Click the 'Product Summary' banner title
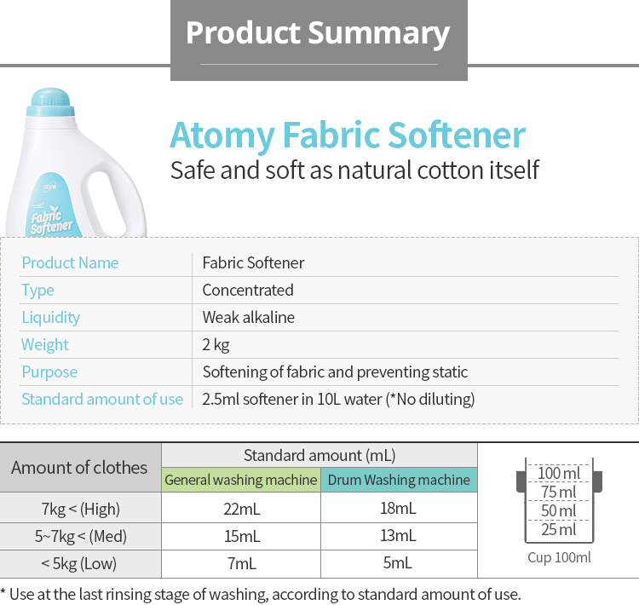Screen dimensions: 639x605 (x=318, y=32)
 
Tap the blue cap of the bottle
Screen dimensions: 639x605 (x=50, y=102)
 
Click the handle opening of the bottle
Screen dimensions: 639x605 (x=105, y=199)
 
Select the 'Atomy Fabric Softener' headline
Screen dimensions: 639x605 (x=348, y=135)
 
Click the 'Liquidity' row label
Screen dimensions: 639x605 (x=51, y=318)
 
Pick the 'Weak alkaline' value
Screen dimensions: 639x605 (x=248, y=317)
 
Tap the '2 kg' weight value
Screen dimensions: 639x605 (x=216, y=345)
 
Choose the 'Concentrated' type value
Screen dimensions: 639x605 (x=248, y=291)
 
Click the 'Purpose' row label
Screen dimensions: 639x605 (x=49, y=372)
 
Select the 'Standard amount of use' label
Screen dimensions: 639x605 (x=102, y=399)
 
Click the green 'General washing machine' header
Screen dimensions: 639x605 (x=241, y=480)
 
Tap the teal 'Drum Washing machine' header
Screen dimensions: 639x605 (x=399, y=480)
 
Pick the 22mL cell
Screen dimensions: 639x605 (x=242, y=509)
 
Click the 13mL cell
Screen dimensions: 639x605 (x=398, y=536)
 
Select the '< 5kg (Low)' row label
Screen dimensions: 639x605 (x=78, y=563)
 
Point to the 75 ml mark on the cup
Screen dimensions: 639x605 (x=559, y=492)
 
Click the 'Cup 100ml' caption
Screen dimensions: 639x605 (x=559, y=557)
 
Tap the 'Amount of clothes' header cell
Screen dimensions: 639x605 (x=79, y=468)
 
